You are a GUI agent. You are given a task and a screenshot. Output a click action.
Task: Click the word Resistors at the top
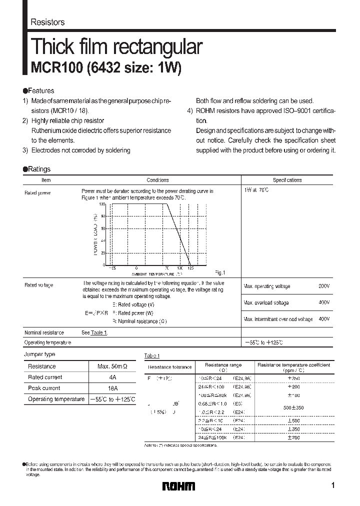tap(47, 22)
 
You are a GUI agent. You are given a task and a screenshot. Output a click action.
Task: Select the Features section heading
tap(38, 91)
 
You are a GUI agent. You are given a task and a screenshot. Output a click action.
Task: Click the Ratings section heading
tap(36, 169)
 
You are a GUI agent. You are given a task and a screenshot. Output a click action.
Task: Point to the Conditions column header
tap(157, 180)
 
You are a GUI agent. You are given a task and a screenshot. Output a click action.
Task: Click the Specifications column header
tap(287, 180)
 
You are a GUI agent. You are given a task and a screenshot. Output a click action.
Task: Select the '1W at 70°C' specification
tap(256, 190)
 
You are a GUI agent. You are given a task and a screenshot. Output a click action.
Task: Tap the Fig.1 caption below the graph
tap(220, 272)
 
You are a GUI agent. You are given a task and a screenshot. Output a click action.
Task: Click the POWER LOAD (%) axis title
tap(94, 234)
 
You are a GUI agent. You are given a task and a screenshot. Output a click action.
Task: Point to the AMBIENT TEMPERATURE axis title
tap(153, 274)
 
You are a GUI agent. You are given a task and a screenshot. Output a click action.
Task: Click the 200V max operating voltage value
tap(324, 286)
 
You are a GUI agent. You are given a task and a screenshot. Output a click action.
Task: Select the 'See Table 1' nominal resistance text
tap(94, 332)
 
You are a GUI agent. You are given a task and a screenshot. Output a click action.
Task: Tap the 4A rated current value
tap(113, 377)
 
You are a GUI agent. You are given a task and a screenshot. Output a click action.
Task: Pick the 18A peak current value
tap(113, 388)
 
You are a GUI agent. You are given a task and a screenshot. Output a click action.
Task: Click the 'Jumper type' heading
tap(40, 354)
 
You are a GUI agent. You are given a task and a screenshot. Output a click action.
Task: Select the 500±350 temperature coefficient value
tap(293, 408)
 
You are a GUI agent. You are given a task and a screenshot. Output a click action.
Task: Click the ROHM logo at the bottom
tap(179, 486)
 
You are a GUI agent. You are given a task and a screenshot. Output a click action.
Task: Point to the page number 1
tap(333, 485)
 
